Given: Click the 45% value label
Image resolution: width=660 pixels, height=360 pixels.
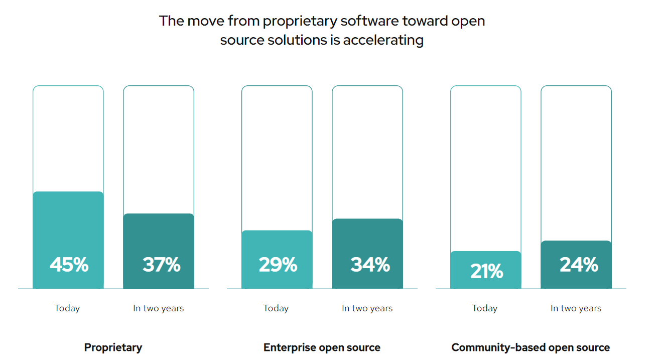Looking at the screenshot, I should pyautogui.click(x=69, y=264).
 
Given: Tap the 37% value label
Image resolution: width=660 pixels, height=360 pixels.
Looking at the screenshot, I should pyautogui.click(x=161, y=264).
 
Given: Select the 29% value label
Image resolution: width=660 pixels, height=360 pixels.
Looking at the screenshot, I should pyautogui.click(x=278, y=264).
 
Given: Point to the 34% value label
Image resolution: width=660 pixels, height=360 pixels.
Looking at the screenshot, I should pyautogui.click(x=370, y=264).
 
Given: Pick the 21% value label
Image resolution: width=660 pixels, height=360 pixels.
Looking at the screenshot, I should pyautogui.click(x=486, y=271).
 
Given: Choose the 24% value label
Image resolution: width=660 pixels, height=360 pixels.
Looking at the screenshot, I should pyautogui.click(x=579, y=264).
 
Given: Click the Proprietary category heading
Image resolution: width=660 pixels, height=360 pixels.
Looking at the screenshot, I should pyautogui.click(x=113, y=347).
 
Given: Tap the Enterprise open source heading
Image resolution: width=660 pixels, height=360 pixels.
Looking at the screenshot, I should pyautogui.click(x=322, y=347).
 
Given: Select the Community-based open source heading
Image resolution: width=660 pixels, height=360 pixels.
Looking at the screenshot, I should pyautogui.click(x=531, y=347).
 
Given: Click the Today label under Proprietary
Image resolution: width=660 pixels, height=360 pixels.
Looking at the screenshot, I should pyautogui.click(x=67, y=308).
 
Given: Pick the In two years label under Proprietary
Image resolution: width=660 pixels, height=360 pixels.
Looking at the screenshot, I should pyautogui.click(x=158, y=308).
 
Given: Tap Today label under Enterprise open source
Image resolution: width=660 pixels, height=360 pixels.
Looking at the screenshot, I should pyautogui.click(x=276, y=308).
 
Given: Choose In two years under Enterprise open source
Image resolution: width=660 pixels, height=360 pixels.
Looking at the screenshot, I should pyautogui.click(x=367, y=308).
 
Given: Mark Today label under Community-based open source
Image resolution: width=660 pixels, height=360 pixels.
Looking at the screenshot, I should pyautogui.click(x=485, y=308).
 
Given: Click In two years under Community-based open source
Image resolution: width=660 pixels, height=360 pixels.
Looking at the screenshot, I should pyautogui.click(x=576, y=308).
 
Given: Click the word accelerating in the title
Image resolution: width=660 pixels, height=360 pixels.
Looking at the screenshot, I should pyautogui.click(x=383, y=40).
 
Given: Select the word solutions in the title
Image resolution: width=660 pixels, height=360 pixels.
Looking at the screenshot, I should pyautogui.click(x=285, y=40).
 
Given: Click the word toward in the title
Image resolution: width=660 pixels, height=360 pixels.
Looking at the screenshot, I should pyautogui.click(x=425, y=21).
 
